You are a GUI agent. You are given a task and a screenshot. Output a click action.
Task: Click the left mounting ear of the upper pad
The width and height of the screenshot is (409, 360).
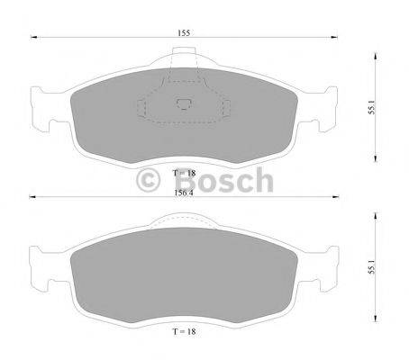coord(41,106)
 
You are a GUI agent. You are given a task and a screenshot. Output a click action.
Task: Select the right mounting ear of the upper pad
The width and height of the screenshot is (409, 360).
coord(328,106)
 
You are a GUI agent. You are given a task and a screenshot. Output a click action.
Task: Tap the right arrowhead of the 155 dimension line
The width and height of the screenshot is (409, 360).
coord(337,39)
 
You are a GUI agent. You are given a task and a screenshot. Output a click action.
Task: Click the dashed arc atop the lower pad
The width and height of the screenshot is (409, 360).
coord(185,216)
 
